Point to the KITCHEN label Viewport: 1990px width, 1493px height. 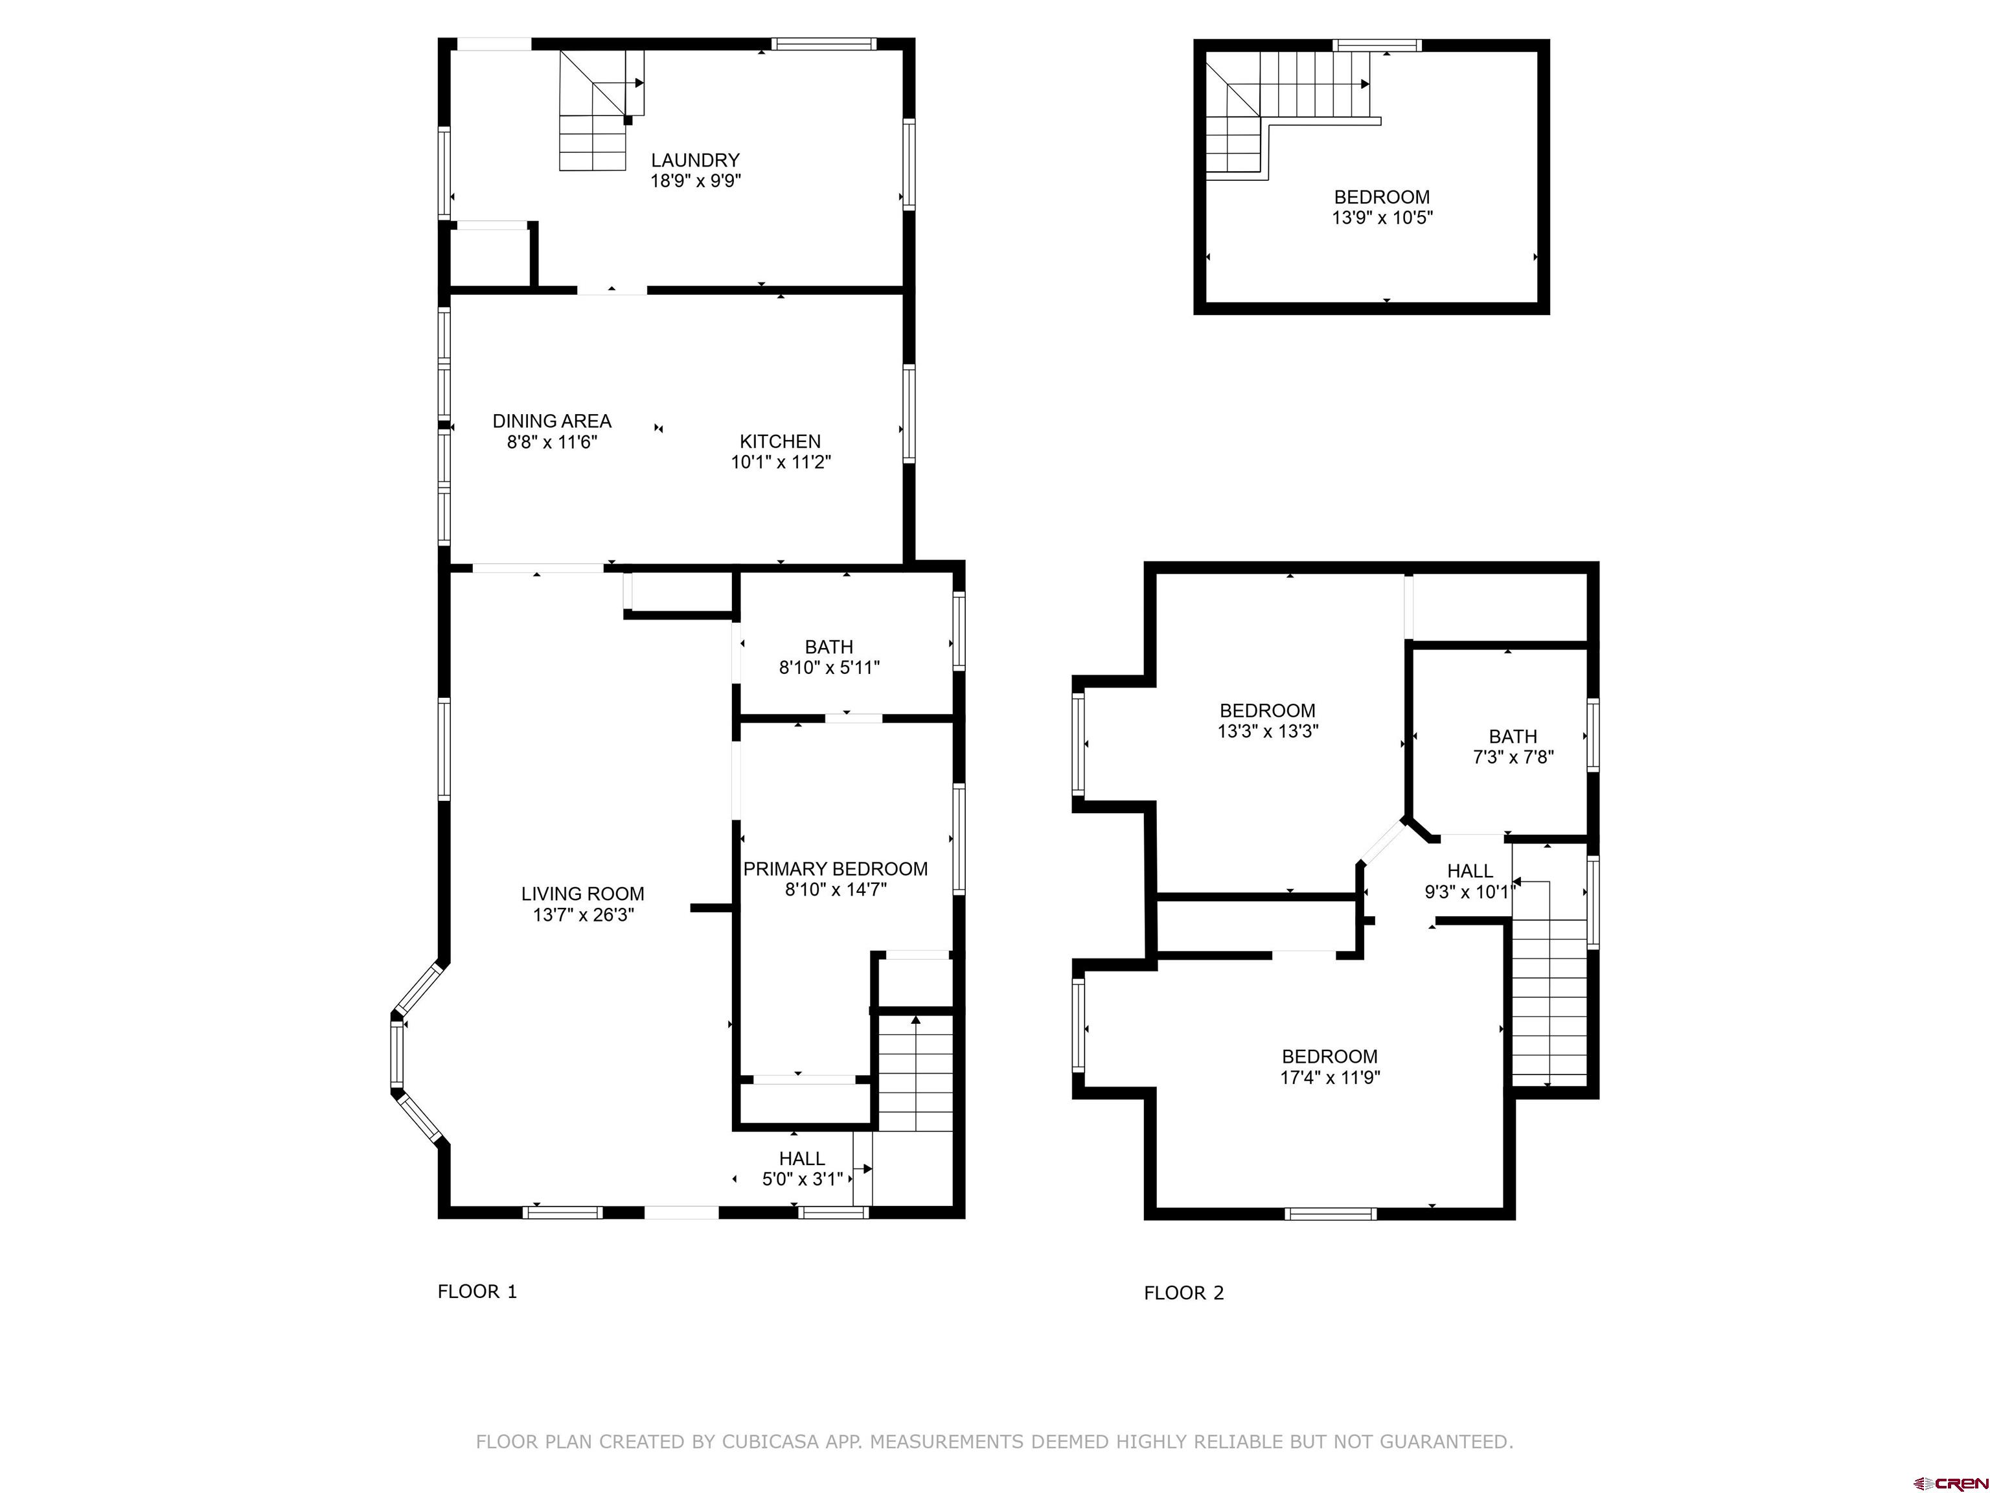tap(780, 442)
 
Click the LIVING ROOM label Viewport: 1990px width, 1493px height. tap(582, 894)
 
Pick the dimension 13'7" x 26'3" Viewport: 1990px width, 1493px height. tap(582, 915)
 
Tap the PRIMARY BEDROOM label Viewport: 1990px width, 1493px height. tap(835, 868)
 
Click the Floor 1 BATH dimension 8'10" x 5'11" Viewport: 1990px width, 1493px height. tap(829, 667)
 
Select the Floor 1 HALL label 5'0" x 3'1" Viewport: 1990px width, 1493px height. tap(801, 1169)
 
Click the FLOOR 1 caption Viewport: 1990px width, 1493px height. tap(477, 1291)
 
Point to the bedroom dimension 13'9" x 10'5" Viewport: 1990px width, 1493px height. tap(1382, 218)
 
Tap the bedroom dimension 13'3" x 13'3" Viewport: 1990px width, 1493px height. tap(1268, 732)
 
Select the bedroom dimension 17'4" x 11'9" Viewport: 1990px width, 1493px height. tap(1330, 1077)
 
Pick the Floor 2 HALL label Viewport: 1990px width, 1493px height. tap(1470, 871)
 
